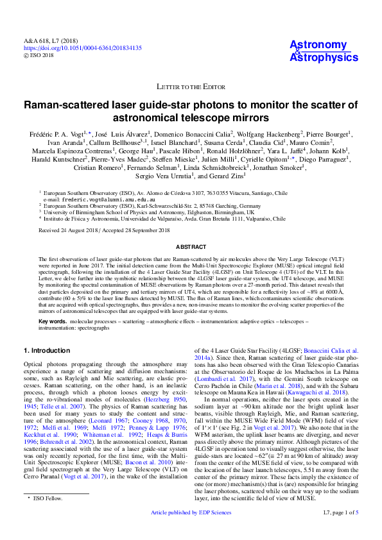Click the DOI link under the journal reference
coord(83,48)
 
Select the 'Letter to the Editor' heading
coord(190,86)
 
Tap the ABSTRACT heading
coord(191,246)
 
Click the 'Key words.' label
coord(53,320)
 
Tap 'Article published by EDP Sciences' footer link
coord(191,531)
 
